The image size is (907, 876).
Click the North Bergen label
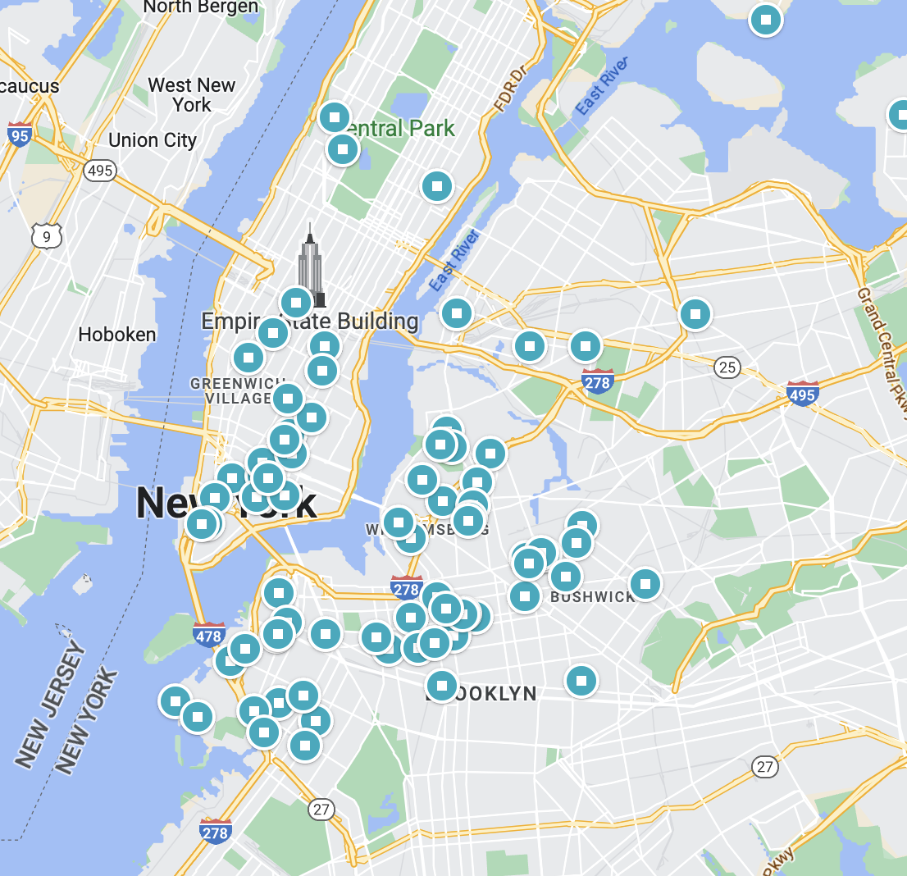tap(200, 7)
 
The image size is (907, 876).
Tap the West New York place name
tap(192, 95)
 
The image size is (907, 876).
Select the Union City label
tap(153, 140)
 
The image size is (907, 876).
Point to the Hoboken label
tap(116, 335)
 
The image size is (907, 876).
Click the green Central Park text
tap(403, 129)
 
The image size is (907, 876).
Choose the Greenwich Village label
tap(232, 390)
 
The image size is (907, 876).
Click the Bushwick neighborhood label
tap(593, 596)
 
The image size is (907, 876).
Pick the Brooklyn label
tap(484, 694)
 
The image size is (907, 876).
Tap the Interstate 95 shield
tap(19, 135)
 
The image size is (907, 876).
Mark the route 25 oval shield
tap(727, 367)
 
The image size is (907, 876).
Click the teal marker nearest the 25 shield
tap(695, 314)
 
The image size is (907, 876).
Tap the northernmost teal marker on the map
tap(766, 19)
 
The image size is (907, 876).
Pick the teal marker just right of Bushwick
tap(645, 584)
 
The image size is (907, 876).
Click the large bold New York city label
tap(226, 502)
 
